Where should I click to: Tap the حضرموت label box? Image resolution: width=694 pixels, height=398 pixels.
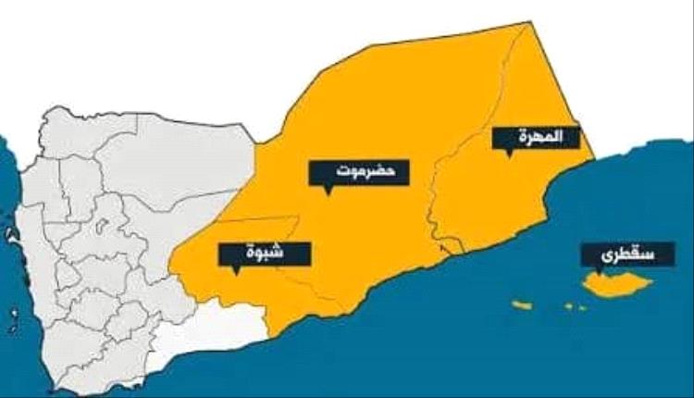tap(360, 173)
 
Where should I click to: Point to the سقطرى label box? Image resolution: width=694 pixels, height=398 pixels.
tap(614, 254)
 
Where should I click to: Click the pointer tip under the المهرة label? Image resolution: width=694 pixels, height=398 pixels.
tap(510, 157)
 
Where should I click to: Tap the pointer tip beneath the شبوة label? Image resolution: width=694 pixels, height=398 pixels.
tap(237, 274)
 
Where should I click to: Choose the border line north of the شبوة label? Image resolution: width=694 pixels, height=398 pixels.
tap(259, 219)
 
